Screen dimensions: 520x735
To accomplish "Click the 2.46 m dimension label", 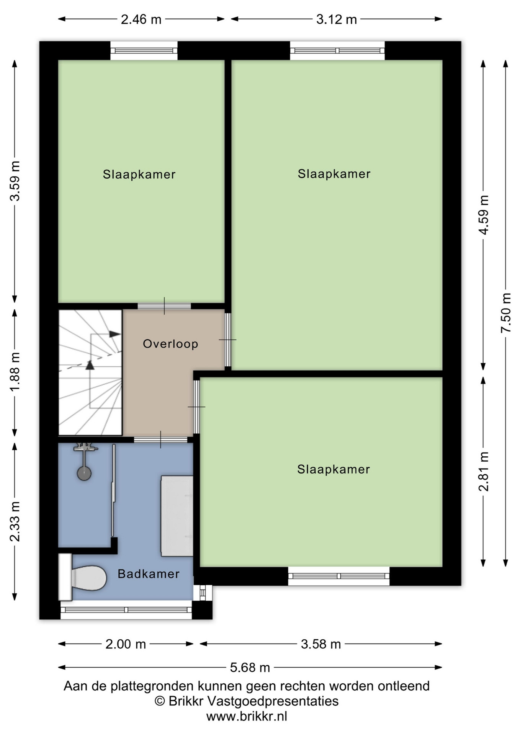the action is coord(141,19).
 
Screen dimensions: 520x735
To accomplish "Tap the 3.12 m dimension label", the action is coord(336,19).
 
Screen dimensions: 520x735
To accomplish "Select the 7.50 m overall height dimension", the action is coord(506,313).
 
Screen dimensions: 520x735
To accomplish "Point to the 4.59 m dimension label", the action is coord(484,215).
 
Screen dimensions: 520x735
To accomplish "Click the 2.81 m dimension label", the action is coord(484,471).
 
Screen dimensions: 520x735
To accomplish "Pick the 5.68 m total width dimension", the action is coord(250,668).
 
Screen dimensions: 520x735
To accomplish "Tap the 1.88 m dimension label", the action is coord(15,372).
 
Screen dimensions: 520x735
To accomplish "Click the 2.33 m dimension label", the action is coord(15,521).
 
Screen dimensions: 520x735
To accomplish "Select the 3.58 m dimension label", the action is coord(321,644).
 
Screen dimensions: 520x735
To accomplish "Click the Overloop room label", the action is coord(170,344).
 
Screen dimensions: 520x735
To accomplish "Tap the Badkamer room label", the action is coord(149,574).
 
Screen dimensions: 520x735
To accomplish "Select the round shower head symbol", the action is coord(84,474).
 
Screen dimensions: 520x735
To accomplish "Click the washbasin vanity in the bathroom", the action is coord(177,516).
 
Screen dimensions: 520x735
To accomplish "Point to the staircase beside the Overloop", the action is coord(90,372).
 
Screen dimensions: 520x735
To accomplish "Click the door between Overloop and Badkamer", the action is coord(160,440).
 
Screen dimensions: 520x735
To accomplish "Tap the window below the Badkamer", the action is coord(126,610).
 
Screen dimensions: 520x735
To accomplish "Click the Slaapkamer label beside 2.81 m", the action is coord(334,469).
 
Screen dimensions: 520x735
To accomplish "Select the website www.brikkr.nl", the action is coord(247,716).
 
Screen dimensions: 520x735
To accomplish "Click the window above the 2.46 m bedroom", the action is coord(144,51).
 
